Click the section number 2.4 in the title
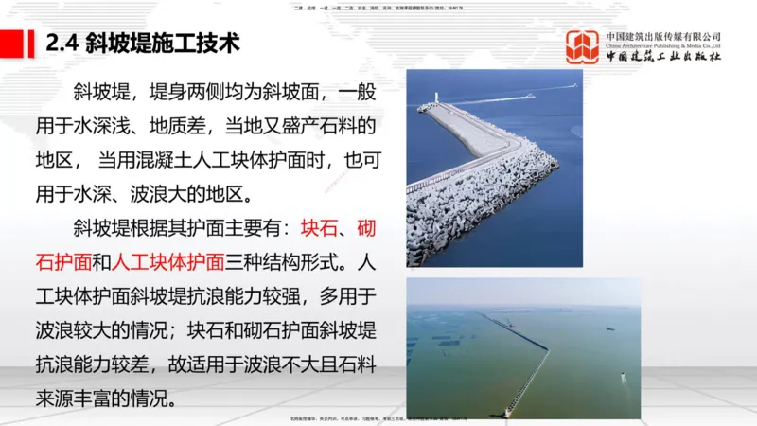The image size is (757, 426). click(x=62, y=44)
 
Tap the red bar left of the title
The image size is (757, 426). click(x=18, y=44)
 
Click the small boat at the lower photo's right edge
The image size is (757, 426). click(x=623, y=377)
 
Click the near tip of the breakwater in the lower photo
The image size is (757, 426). click(x=512, y=413)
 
